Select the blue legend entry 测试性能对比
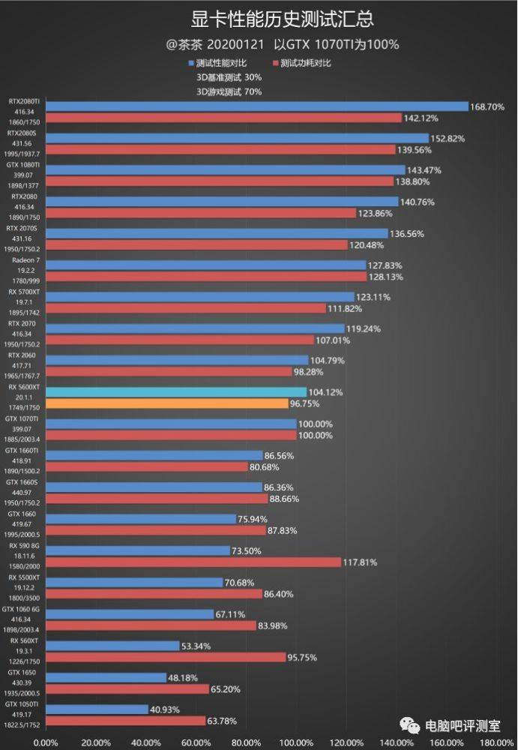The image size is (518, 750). pos(221,63)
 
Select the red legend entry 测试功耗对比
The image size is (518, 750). pos(305,63)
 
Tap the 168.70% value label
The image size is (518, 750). pos(487,107)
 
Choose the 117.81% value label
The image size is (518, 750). pos(361,562)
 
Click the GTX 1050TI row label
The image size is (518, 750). pos(22,704)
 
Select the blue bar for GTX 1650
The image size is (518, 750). pos(106,677)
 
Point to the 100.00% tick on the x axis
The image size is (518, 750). pos(297,742)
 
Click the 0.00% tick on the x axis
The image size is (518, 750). pos(46,742)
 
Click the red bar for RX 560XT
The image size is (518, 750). pos(166,657)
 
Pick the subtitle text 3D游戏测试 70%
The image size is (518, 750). pos(229,91)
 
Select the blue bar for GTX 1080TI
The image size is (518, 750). pos(225,170)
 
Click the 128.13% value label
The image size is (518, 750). pos(383,277)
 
